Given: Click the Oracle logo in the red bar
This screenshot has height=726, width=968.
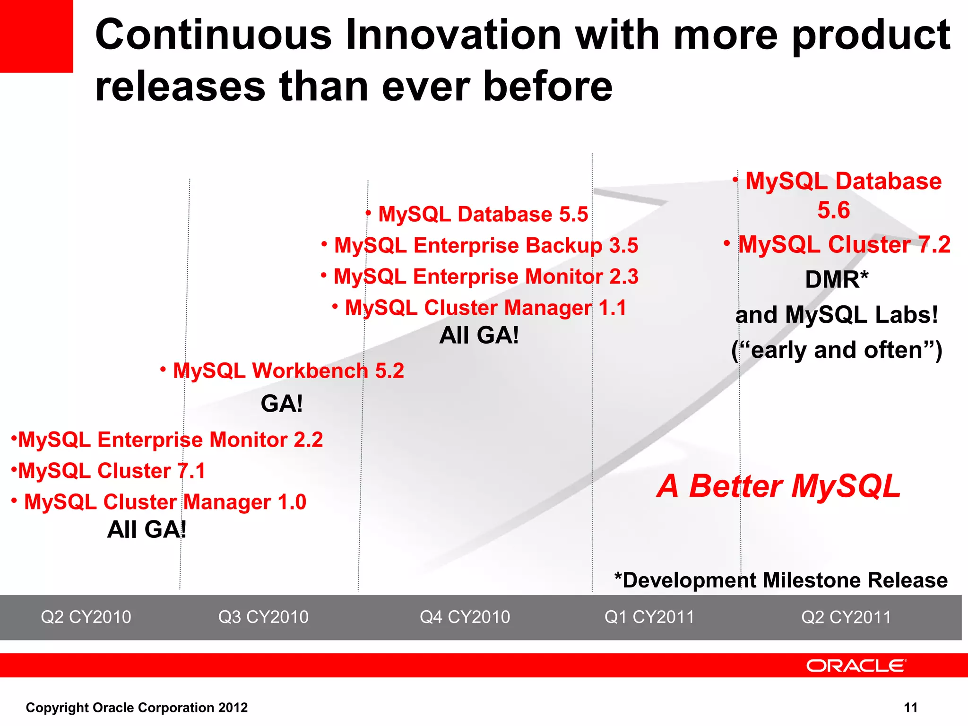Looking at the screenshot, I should (x=856, y=665).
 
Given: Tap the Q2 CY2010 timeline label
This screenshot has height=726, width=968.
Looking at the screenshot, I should (x=86, y=617).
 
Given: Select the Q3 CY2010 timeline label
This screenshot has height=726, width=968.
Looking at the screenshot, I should (x=263, y=617).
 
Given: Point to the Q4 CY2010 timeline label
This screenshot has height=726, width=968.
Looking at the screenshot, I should (x=465, y=617).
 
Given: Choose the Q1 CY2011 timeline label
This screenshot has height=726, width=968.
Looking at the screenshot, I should (x=649, y=617).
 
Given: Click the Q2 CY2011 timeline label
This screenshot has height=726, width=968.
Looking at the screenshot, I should (x=846, y=617).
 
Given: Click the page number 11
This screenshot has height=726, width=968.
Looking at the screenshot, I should (x=910, y=708).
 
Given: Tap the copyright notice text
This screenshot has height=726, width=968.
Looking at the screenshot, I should (x=137, y=708).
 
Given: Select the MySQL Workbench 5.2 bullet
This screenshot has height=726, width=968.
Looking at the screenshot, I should (x=288, y=371).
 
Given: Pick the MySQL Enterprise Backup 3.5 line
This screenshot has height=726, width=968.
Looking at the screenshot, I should (x=486, y=245).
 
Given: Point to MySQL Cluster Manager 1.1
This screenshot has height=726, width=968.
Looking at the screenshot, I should (x=485, y=308).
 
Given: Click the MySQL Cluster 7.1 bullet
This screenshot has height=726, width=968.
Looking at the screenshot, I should (x=112, y=471).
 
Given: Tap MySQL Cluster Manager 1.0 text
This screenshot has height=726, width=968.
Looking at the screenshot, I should (x=165, y=502).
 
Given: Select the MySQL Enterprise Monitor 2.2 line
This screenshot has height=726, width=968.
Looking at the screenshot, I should (x=170, y=440).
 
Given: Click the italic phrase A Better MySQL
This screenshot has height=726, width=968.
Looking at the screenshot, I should (x=779, y=486).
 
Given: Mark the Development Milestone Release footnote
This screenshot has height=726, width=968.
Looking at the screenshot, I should (x=781, y=580).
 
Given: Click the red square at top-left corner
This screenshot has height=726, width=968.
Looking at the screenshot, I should (x=36, y=36).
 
